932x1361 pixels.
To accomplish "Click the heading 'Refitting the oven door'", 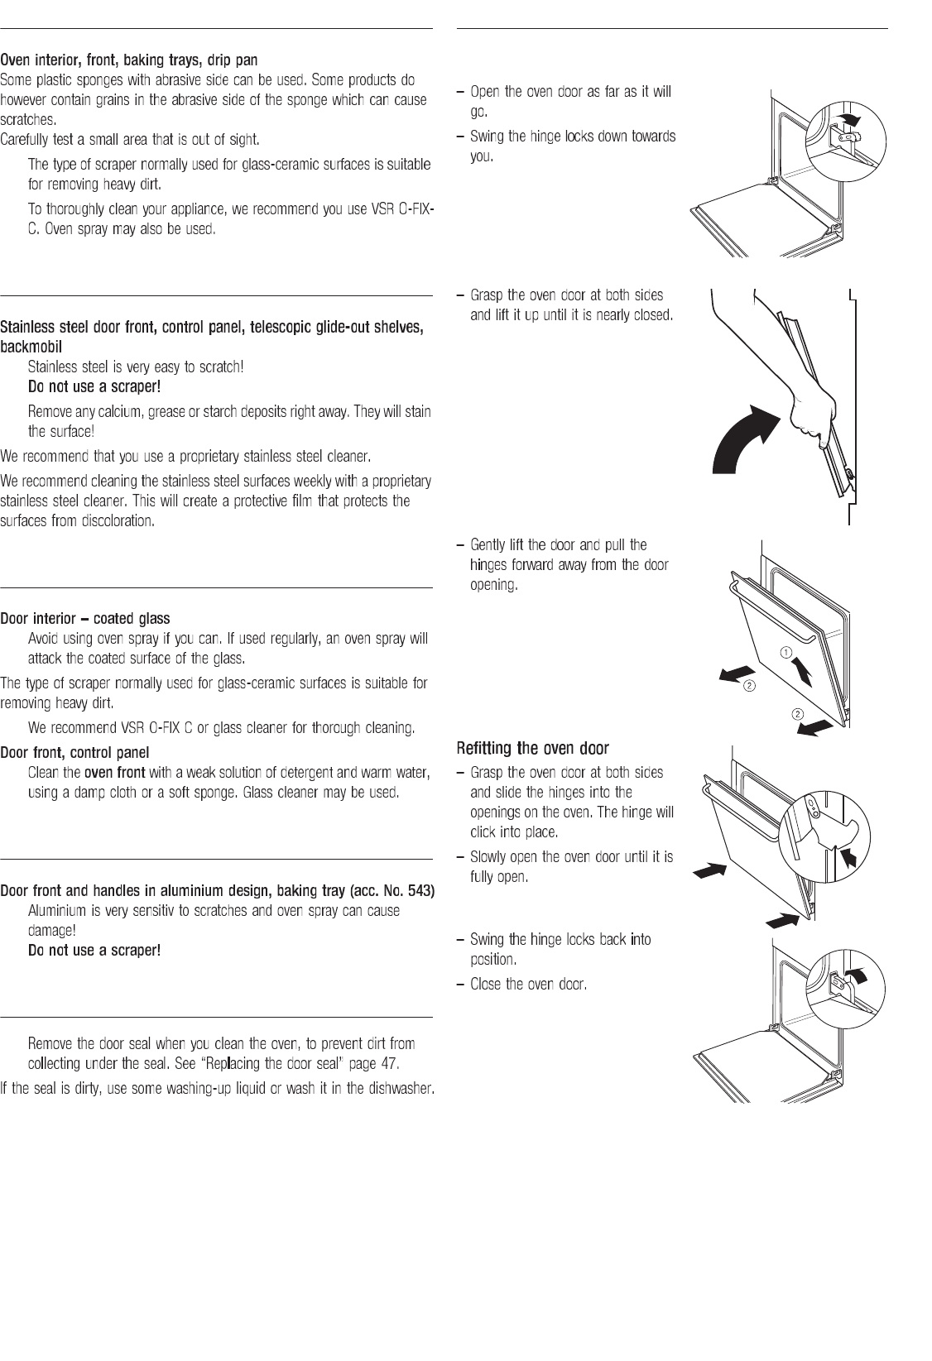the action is pyautogui.click(x=532, y=749).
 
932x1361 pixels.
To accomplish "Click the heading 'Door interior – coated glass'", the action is pyautogui.click(x=85, y=619).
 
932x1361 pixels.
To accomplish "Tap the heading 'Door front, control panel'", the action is pyautogui.click(x=74, y=752).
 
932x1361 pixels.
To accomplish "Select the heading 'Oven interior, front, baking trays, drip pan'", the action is pyautogui.click(x=128, y=60).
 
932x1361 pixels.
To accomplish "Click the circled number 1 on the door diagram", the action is pyautogui.click(x=784, y=653).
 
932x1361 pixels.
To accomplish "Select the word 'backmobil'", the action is pyautogui.click(x=31, y=346).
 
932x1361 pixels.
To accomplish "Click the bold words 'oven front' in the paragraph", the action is pyautogui.click(x=114, y=773).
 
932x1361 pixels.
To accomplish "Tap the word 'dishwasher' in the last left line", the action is pyautogui.click(x=401, y=1088).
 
